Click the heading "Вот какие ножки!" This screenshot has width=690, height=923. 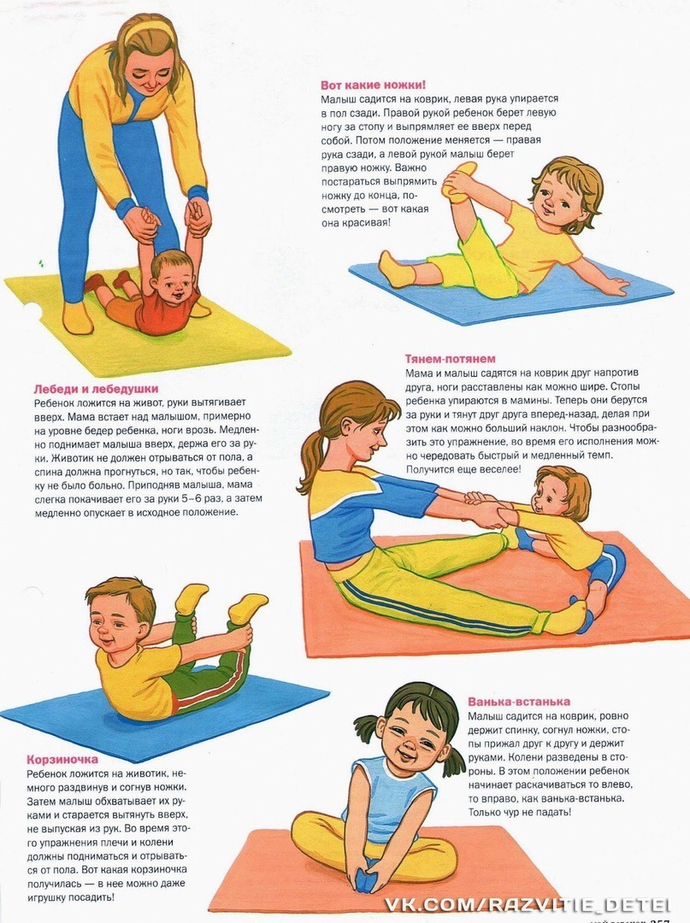374,85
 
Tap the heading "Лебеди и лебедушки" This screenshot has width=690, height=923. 96,389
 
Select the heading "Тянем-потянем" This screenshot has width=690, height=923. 451,358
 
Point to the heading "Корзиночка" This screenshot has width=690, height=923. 62,760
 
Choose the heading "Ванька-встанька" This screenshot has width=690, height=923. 519,702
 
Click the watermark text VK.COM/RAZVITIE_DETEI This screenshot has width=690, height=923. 528,905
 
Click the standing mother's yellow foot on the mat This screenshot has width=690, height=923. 78,318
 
